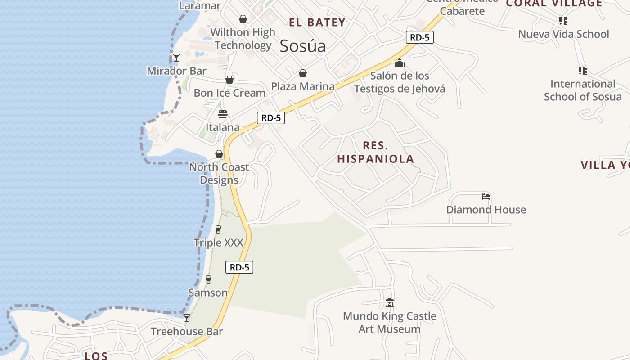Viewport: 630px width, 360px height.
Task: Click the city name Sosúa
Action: click(x=302, y=46)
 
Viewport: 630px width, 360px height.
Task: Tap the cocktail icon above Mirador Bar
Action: click(x=176, y=58)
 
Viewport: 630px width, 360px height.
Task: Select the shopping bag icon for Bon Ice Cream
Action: click(x=229, y=80)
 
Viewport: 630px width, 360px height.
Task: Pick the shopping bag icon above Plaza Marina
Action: click(x=303, y=73)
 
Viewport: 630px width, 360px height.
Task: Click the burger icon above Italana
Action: click(x=223, y=114)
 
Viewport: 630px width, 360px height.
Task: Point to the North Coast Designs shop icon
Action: click(x=219, y=154)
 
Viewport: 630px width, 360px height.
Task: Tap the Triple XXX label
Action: click(x=218, y=243)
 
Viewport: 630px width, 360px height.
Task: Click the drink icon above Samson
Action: click(x=208, y=279)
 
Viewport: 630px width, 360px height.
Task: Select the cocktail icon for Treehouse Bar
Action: click(x=187, y=318)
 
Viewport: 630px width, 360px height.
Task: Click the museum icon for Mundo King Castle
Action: click(x=390, y=303)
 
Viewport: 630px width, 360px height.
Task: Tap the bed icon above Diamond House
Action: click(x=486, y=197)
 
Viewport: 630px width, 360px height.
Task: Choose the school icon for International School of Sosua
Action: click(x=583, y=71)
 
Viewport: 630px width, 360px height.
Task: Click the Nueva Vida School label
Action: click(x=563, y=34)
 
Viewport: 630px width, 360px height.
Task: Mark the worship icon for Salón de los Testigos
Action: click(x=400, y=63)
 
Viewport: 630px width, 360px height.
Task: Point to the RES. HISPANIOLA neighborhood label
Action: click(x=375, y=152)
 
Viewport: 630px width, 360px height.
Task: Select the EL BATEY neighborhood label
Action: click(x=317, y=22)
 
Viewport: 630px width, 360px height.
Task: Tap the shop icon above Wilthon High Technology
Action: click(x=243, y=19)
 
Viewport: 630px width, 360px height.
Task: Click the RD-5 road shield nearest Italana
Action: click(x=271, y=118)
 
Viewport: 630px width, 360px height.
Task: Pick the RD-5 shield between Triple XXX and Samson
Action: click(x=239, y=267)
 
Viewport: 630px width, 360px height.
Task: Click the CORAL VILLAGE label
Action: click(x=554, y=4)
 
